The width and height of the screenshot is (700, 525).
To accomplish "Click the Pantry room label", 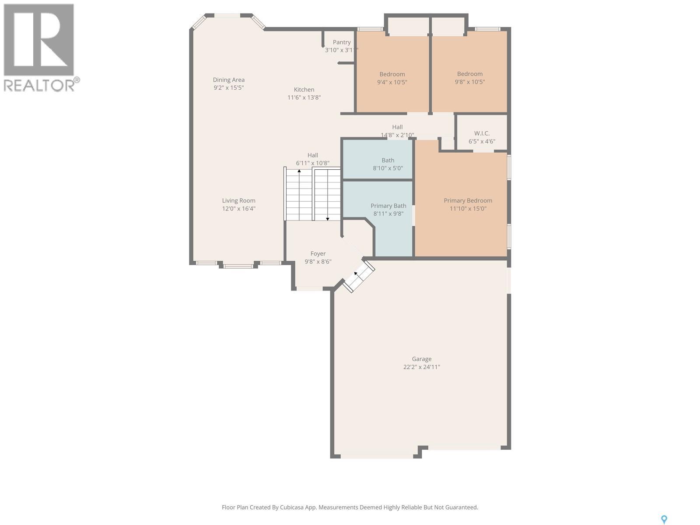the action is (342, 42).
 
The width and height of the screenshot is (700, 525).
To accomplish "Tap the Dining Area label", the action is (229, 80).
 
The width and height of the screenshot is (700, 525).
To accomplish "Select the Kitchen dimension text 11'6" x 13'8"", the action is (304, 98).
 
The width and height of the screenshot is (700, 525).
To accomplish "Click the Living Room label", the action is (238, 200).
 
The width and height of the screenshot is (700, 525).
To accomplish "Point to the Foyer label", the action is (318, 254).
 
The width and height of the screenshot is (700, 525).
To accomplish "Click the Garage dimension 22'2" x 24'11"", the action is (422, 367).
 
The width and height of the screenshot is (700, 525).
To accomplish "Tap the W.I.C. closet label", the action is (482, 133).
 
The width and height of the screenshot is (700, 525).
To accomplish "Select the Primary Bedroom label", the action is (468, 200).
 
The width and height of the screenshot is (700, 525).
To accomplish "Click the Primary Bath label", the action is (388, 206).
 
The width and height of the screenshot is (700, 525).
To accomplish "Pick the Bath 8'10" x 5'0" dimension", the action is (388, 168).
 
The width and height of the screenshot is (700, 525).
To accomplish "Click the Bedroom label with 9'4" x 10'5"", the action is (392, 74).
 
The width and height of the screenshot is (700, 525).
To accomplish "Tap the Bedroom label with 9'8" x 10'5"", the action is (470, 74).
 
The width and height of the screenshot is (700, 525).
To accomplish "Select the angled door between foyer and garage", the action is (358, 276).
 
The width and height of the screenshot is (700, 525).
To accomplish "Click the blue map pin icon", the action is (664, 511).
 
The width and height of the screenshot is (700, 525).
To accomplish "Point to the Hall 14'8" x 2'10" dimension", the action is (397, 135).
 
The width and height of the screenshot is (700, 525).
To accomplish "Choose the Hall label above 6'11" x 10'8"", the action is (312, 155).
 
